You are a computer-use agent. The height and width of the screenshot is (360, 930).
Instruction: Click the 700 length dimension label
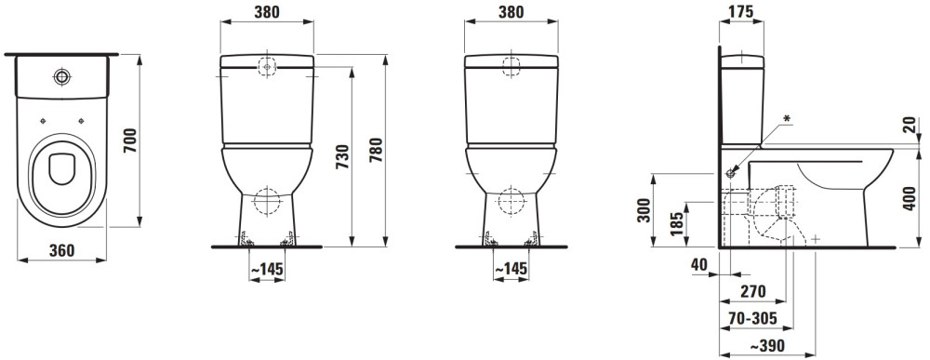130,140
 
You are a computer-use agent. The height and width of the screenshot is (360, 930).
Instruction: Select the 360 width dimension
61,251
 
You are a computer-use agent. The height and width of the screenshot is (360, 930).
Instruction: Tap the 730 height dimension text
343,156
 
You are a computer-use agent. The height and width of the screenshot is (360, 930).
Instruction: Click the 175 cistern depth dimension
741,11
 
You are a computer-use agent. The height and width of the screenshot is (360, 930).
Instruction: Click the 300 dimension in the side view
644,210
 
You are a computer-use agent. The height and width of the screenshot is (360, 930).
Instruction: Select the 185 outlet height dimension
677,223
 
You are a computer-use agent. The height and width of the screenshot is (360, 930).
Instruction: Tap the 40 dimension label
699,265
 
